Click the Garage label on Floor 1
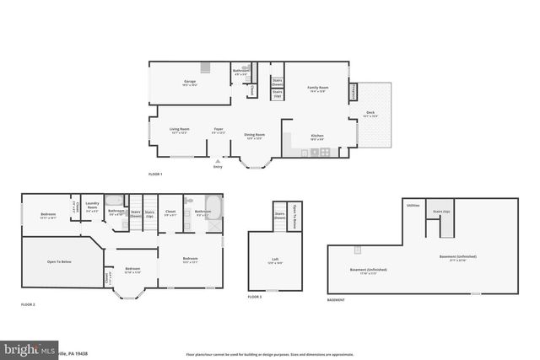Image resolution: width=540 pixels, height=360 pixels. [191, 83]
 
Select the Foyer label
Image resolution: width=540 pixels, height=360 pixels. [219, 131]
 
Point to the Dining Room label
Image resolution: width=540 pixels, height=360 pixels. [256, 135]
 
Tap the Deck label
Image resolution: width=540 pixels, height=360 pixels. [370, 114]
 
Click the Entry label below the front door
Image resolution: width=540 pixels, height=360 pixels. [218, 166]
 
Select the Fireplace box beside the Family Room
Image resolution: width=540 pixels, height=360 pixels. [354, 90]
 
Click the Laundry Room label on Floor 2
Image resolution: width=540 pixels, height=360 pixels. [93, 206]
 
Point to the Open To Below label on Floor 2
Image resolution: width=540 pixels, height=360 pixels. [59, 262]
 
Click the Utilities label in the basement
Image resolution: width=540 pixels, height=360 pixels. [413, 205]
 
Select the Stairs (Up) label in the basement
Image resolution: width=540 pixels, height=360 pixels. [441, 212]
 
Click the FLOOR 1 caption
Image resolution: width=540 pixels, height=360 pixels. [154, 174]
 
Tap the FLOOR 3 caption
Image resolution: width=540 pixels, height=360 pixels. [254, 297]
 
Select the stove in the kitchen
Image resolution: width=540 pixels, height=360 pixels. [325, 153]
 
